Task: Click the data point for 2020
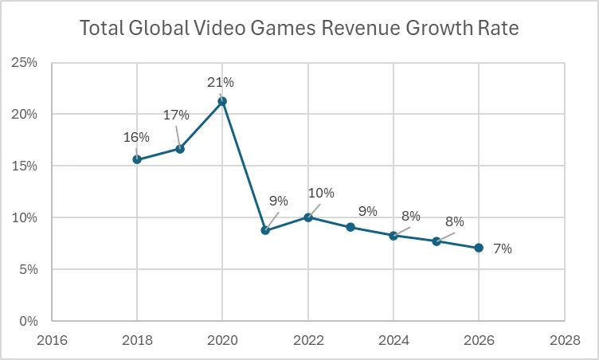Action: click(222, 101)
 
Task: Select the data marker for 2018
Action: click(137, 159)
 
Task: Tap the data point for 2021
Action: click(265, 230)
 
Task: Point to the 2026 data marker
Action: click(479, 248)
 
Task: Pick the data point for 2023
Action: click(350, 227)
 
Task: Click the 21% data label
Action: click(221, 82)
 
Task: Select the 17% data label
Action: click(177, 115)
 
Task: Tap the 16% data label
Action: click(135, 137)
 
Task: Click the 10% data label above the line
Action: click(321, 193)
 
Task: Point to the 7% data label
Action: click(502, 248)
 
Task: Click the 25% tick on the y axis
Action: click(25, 62)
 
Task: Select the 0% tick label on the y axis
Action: click(28, 321)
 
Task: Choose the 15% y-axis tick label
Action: click(25, 166)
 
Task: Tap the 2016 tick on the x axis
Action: click(52, 341)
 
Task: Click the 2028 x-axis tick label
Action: click(565, 341)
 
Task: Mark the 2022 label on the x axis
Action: click(308, 341)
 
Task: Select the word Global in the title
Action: click(159, 30)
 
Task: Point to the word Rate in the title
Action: click(498, 30)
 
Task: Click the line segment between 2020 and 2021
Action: click(244, 166)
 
